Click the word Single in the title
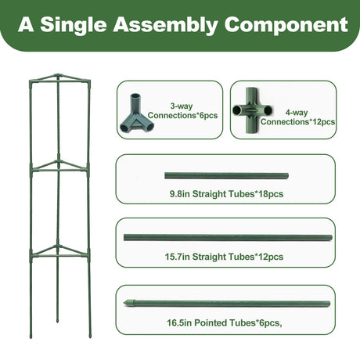[x=74, y=25]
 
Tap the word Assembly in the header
[x=165, y=25]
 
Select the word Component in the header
[x=286, y=25]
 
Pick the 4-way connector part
[x=252, y=110]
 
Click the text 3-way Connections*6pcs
[x=182, y=110]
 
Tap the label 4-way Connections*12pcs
[x=297, y=117]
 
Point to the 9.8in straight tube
[x=226, y=175]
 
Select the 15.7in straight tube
[x=228, y=237]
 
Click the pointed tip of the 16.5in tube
[x=124, y=303]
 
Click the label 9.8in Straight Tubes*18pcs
[x=226, y=194]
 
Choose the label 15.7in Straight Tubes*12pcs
[x=224, y=257]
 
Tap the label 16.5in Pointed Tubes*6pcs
[x=225, y=322]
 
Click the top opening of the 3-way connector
[x=135, y=96]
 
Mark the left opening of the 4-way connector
[x=238, y=110]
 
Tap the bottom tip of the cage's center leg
[x=58, y=321]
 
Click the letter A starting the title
[x=26, y=24]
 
